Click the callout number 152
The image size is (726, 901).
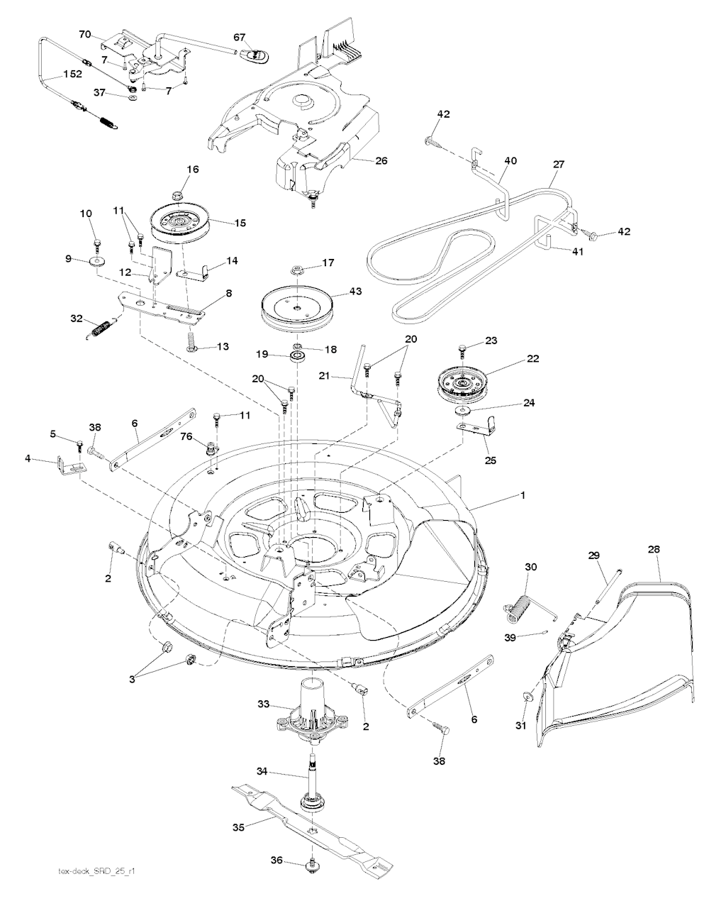[73, 74]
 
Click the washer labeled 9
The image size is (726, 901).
[97, 262]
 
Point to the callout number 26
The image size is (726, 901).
[381, 161]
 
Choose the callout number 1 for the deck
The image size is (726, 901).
[523, 495]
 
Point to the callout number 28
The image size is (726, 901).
[653, 550]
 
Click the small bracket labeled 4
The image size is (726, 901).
[70, 465]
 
